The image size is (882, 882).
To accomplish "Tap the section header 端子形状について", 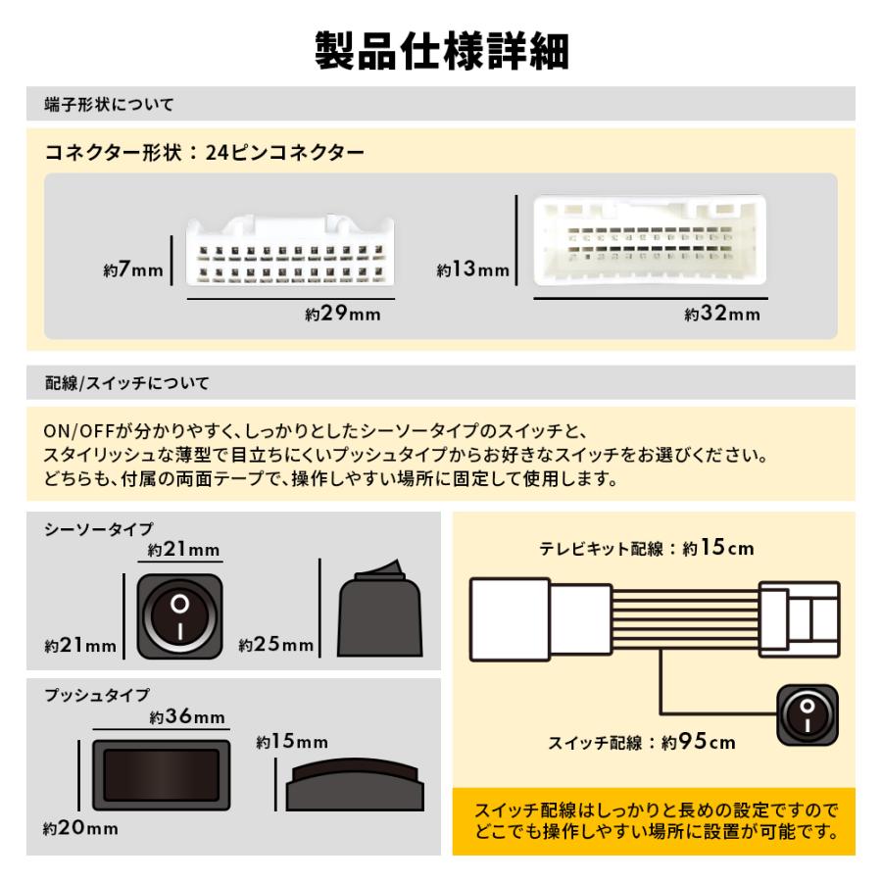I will pos(110,104).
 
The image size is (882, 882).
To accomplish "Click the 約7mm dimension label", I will pos(133,271).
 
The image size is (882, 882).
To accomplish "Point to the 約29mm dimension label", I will pos(342,315).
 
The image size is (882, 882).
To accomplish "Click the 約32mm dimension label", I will pos(721,315).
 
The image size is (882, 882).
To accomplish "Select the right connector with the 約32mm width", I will pos(650,240).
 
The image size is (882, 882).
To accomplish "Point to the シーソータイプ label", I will pos(98,529).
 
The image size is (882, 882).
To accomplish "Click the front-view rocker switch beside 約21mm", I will pos(179,614).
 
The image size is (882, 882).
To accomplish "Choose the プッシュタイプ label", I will pos(97,695).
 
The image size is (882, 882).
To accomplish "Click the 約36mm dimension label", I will pos(187,718).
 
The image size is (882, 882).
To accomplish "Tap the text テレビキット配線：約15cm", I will pos(647,549).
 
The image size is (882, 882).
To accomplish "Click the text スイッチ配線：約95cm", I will pos(641,742).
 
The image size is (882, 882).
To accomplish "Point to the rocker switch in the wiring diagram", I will pos(807,711).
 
